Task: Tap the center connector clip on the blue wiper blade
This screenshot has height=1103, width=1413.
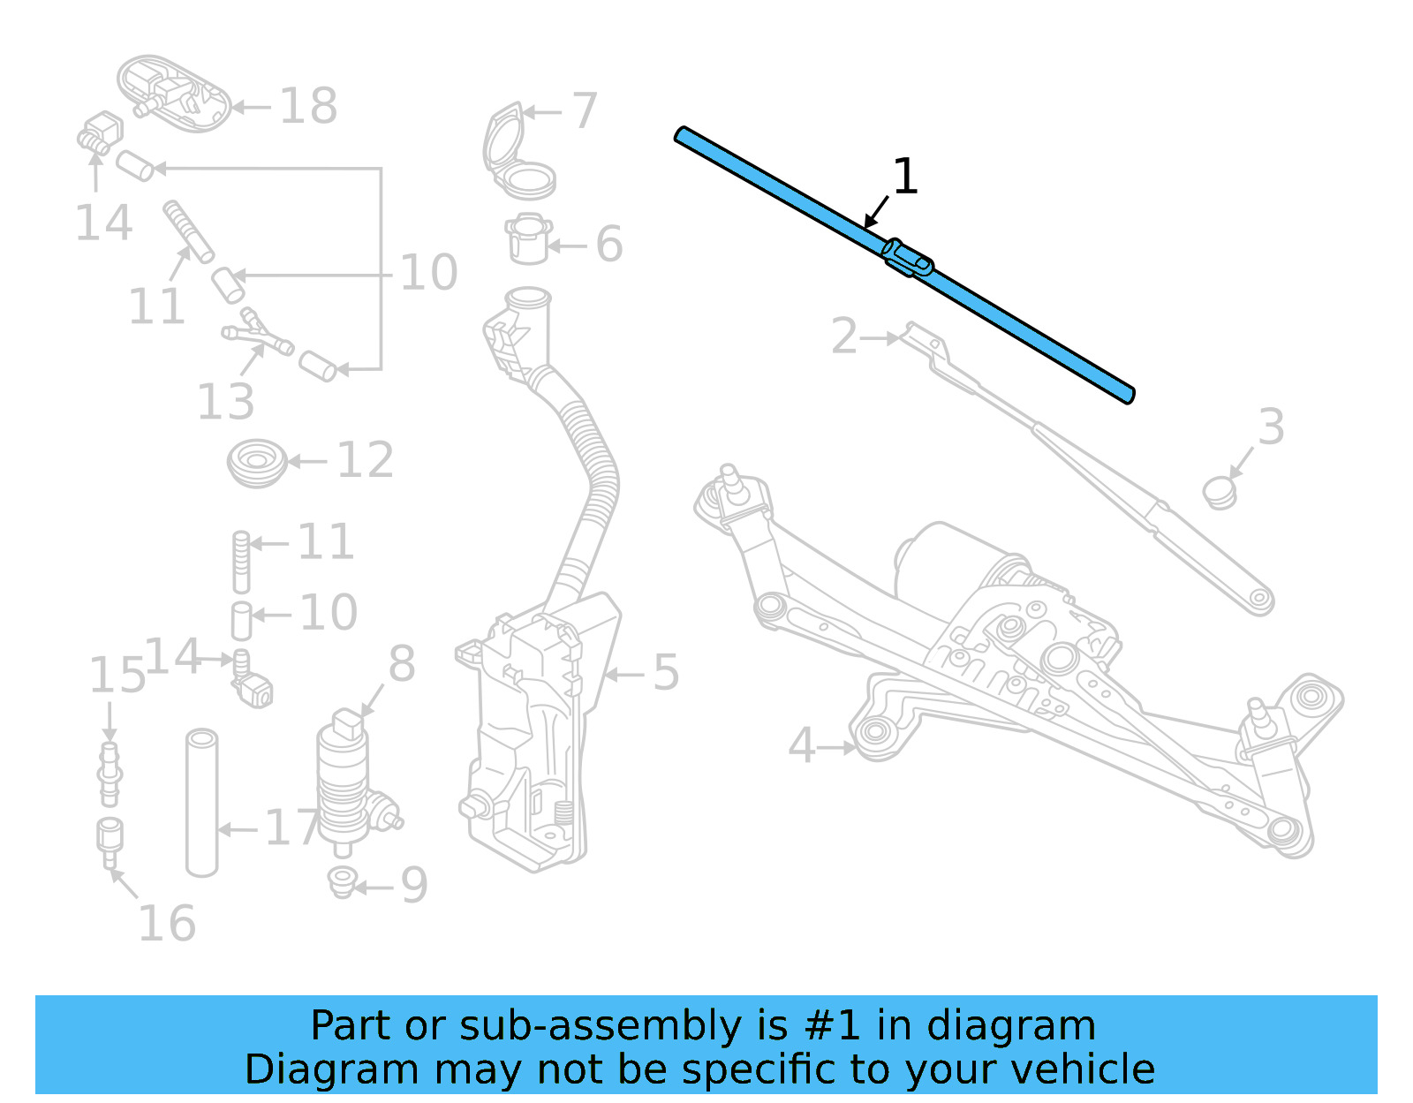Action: [908, 257]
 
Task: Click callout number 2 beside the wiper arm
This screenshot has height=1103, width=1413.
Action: [844, 336]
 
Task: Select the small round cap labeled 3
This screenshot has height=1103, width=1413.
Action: [1220, 492]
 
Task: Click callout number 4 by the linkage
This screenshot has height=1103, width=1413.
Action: [801, 745]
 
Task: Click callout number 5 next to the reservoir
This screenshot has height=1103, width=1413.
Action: [666, 673]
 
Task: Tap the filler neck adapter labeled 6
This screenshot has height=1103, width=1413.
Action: [529, 239]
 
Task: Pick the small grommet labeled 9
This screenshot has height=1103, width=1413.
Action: [342, 881]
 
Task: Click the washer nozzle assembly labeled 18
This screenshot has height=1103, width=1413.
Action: [174, 94]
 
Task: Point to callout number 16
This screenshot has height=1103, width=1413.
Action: [167, 924]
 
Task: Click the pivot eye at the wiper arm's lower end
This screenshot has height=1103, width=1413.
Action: [1260, 600]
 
